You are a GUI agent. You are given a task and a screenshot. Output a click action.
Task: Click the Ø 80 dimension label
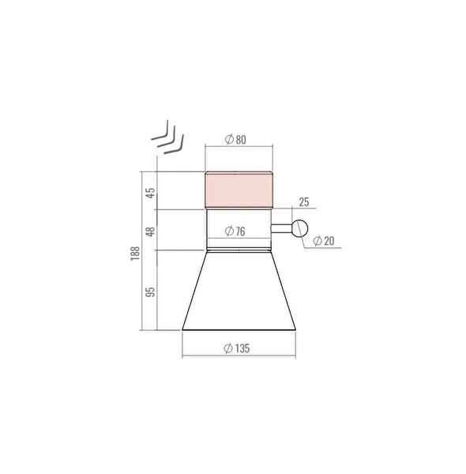pos(235,140)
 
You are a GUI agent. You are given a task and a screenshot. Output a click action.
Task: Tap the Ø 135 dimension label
pos(237,348)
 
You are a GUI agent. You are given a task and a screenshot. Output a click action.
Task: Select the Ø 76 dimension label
pos(235,231)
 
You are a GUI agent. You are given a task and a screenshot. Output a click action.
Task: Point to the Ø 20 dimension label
pos(324,241)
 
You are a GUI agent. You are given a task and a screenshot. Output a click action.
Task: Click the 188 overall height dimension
pos(135,254)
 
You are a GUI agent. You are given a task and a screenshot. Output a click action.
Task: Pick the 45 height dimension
pos(150,193)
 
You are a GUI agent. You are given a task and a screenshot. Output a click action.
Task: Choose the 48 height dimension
pos(150,231)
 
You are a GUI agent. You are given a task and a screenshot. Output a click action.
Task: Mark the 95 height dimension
pos(150,292)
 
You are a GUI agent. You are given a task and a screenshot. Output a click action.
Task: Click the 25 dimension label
pos(304,202)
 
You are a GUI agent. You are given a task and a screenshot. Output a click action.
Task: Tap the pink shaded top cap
pos(239,190)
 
